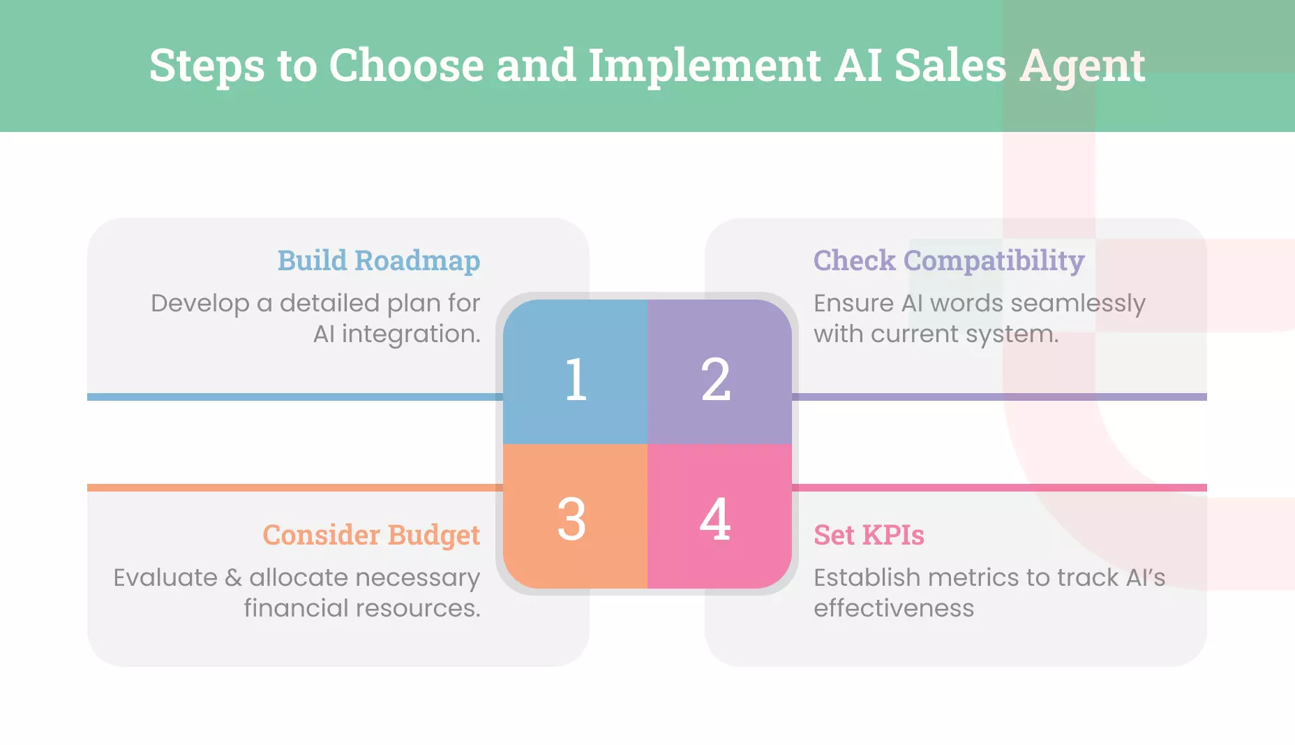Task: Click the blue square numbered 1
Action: click(575, 372)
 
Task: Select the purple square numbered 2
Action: click(719, 372)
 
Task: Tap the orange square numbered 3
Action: click(575, 516)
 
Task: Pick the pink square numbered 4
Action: click(719, 516)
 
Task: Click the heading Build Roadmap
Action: click(378, 260)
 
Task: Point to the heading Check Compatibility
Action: click(948, 260)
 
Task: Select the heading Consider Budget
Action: click(371, 535)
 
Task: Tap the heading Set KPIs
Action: click(869, 535)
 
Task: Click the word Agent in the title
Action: click(1082, 66)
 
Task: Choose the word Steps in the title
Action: click(207, 66)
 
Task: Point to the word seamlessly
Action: click(1077, 304)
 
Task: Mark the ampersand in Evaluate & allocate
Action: click(233, 577)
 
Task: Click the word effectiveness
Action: click(893, 608)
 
